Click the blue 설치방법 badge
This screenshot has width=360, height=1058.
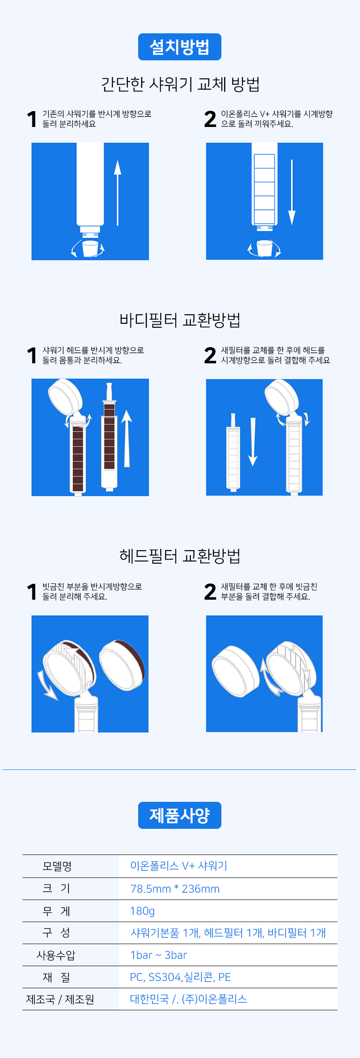tap(180, 47)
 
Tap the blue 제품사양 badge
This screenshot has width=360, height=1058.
tap(180, 815)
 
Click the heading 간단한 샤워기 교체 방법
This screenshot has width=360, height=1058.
tap(180, 84)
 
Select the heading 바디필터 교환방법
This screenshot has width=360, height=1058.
tap(180, 320)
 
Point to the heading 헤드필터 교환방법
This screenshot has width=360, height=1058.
tap(180, 556)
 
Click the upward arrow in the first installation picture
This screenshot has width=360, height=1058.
tap(117, 193)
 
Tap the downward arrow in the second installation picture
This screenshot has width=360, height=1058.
tap(292, 192)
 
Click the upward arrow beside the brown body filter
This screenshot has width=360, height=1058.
tap(126, 438)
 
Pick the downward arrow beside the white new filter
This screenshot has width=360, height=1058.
tap(253, 442)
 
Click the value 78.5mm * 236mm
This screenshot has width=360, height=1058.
tap(175, 889)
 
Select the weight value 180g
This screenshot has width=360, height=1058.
tap(142, 911)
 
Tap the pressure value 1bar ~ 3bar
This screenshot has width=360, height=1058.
tap(158, 955)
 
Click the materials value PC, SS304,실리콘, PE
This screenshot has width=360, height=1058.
tap(180, 977)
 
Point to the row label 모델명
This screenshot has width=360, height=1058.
tap(57, 866)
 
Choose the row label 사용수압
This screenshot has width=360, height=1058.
tap(56, 955)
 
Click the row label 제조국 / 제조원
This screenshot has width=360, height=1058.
tap(60, 999)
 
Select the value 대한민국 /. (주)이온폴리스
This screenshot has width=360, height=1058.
tap(189, 999)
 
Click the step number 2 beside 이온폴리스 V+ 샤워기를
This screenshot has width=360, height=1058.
tap(210, 119)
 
